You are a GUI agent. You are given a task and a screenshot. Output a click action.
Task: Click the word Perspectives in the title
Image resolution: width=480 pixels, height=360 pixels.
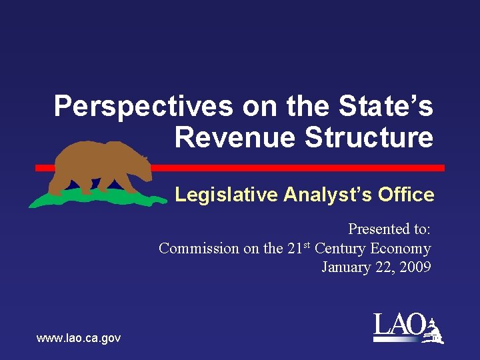point(143,107)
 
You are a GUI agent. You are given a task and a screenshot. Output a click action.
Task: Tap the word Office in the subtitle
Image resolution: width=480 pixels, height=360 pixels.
point(405,195)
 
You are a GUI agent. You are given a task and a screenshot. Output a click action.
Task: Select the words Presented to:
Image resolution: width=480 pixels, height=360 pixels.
point(389,229)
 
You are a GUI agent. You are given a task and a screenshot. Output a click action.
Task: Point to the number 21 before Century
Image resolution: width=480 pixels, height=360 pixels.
point(294,249)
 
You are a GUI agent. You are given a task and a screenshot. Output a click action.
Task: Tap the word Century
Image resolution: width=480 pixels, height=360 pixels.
point(343,249)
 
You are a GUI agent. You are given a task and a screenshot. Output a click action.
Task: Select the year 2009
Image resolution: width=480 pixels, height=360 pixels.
point(415,267)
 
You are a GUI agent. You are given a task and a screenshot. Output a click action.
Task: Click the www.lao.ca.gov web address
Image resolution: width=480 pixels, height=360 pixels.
point(79,339)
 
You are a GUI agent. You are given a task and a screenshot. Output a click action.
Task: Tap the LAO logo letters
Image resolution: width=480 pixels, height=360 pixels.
point(399,325)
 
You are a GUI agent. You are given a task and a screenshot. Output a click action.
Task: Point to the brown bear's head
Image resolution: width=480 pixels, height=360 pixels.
point(137,157)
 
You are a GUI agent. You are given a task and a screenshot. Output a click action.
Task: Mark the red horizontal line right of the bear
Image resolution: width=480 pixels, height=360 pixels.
point(300,167)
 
